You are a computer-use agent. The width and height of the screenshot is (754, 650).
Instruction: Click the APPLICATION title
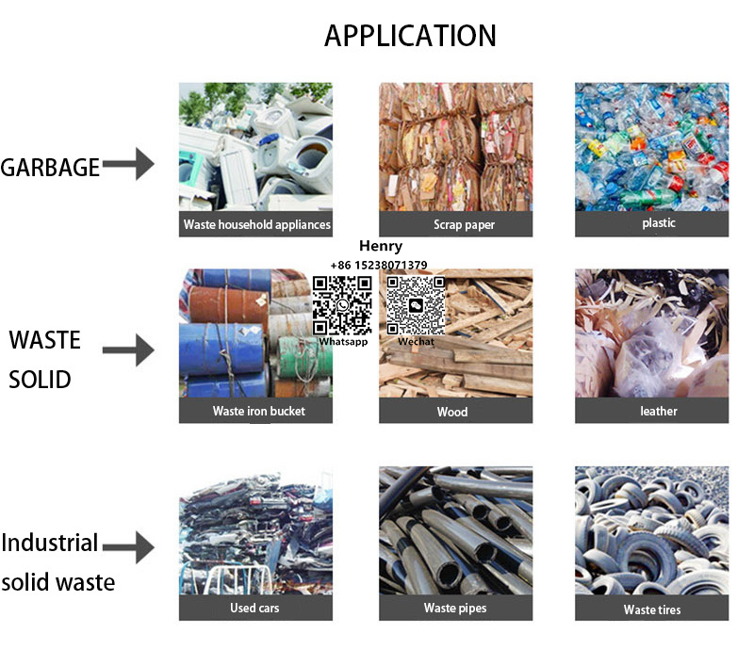tap(410, 36)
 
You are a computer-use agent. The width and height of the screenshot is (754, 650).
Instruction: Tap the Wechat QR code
tap(416, 304)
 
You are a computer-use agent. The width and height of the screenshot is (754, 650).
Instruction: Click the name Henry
tap(381, 246)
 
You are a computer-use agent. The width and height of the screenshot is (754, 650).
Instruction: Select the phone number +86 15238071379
tap(379, 266)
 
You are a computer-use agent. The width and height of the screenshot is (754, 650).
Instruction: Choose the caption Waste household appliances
tap(256, 225)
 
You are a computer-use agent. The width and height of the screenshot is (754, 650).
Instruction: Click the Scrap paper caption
tap(464, 225)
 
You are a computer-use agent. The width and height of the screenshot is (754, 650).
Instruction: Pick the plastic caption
tap(659, 224)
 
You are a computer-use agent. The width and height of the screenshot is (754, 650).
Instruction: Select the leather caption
tap(659, 412)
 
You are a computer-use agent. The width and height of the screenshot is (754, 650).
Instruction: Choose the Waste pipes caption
tap(455, 609)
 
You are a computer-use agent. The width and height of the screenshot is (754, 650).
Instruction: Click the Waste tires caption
tap(652, 609)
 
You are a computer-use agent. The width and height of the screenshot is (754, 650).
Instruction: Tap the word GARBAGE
tap(50, 168)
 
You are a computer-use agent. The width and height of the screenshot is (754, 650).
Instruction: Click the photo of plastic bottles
tap(652, 146)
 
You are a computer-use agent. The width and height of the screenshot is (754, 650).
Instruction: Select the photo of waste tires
tap(652, 531)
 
